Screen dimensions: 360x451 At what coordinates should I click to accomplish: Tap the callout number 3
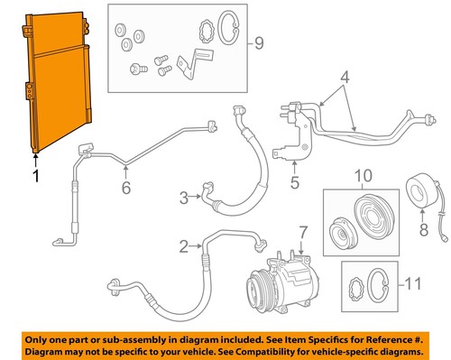[x=184, y=197]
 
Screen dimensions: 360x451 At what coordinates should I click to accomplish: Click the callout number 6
[x=125, y=188]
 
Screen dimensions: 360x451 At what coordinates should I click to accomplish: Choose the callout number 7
[x=303, y=234]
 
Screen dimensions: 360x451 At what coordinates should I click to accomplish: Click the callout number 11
[x=413, y=285]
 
